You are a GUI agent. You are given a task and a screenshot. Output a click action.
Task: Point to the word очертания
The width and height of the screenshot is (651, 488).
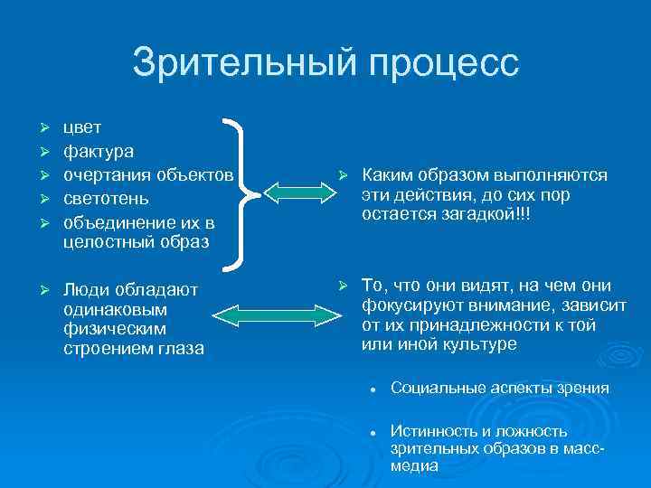[x=106, y=174]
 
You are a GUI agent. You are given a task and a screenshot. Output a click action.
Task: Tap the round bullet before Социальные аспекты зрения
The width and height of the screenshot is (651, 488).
[x=372, y=389]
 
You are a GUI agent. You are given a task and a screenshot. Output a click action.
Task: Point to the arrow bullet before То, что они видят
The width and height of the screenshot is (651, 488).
[x=343, y=286]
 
